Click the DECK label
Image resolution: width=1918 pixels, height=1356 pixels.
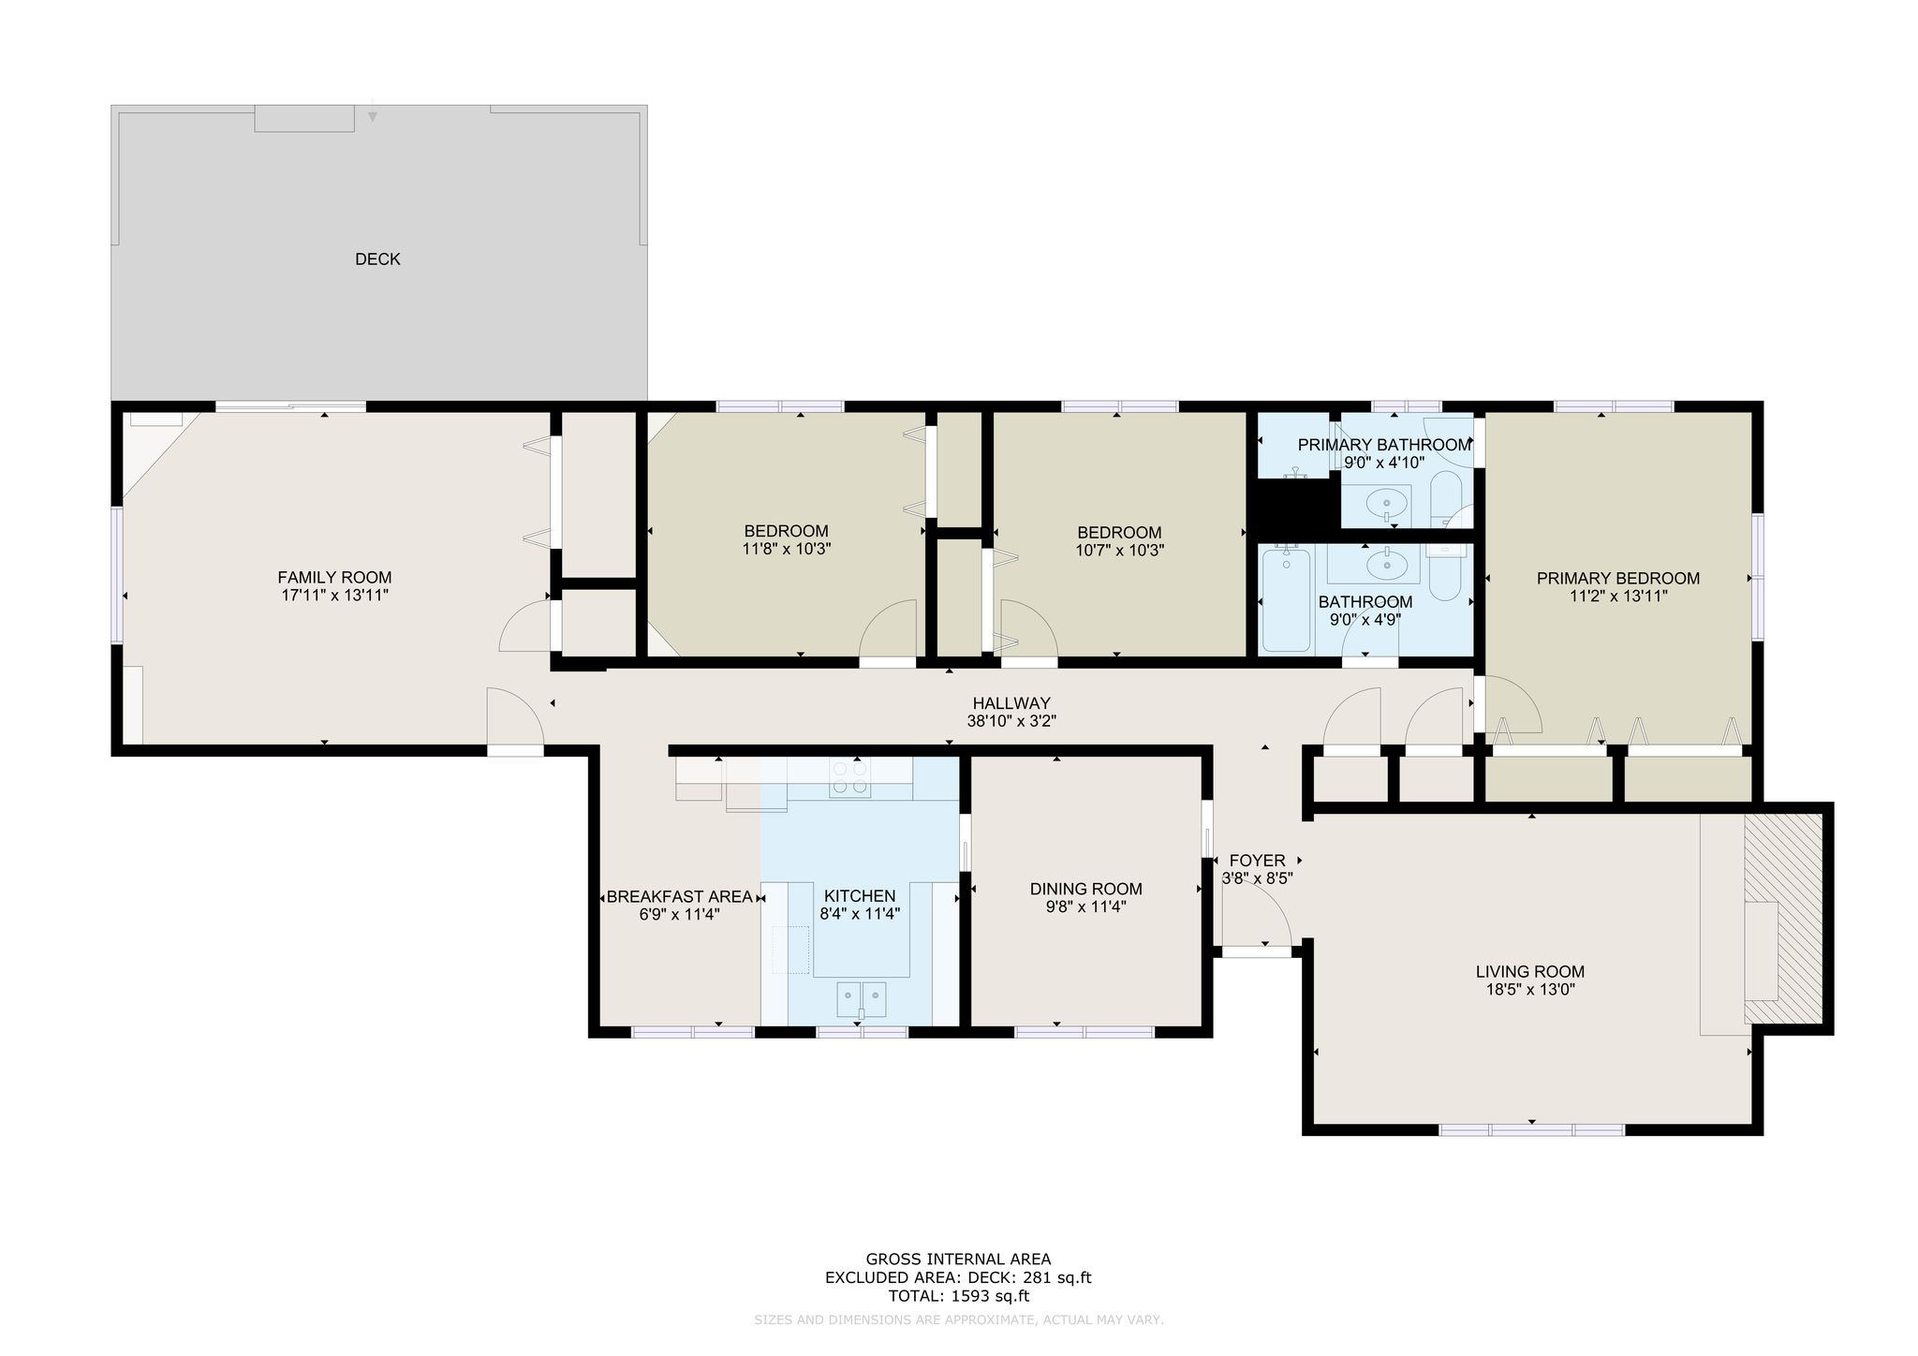(x=377, y=259)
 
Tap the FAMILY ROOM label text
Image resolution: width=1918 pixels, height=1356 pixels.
(x=334, y=578)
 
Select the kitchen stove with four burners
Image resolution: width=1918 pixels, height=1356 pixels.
(x=850, y=778)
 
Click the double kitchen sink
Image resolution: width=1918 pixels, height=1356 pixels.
(x=862, y=998)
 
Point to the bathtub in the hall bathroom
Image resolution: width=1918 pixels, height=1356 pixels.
(x=1286, y=600)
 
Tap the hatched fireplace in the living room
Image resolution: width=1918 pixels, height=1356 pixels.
(x=1783, y=919)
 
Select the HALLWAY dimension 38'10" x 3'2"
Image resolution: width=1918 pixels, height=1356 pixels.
(x=1011, y=721)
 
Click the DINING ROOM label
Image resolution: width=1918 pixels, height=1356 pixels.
(x=1085, y=889)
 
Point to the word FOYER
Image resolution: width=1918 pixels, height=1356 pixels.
(x=1257, y=861)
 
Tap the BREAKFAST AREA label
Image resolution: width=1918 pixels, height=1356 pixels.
(x=679, y=897)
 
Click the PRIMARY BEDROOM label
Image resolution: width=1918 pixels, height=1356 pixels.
(x=1617, y=578)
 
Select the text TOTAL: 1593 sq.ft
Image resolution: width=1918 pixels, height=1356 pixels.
(x=958, y=1296)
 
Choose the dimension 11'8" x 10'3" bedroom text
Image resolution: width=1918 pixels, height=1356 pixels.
(x=786, y=550)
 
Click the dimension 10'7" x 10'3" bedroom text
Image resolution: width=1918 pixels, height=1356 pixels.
(x=1119, y=551)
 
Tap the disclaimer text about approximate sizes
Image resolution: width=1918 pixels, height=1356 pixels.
(x=958, y=1320)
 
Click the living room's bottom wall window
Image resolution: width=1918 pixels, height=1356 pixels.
(x=1531, y=1130)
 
